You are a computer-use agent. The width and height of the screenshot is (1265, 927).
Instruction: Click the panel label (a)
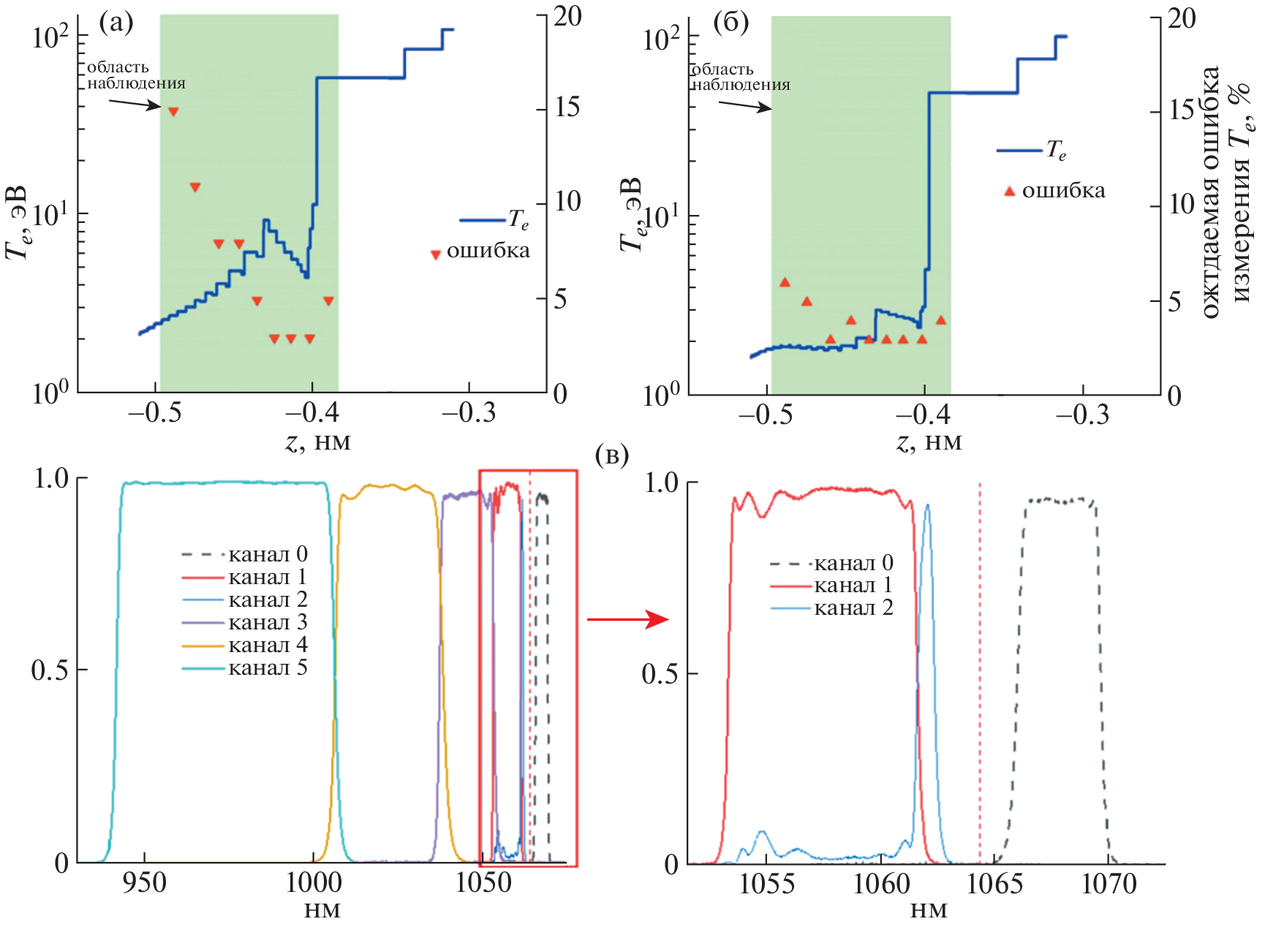[116, 23]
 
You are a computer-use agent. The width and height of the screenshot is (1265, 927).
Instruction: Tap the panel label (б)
[730, 23]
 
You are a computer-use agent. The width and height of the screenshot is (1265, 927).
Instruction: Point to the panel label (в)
[612, 455]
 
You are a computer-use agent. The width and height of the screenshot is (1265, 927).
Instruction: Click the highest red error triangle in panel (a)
[173, 112]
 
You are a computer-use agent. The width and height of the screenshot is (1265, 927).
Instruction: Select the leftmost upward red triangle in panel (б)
[785, 282]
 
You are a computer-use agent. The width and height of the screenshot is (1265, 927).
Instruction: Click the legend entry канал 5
[267, 667]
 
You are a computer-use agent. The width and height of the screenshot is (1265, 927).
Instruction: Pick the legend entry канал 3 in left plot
[267, 622]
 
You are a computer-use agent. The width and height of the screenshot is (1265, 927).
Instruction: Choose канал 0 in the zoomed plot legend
[853, 563]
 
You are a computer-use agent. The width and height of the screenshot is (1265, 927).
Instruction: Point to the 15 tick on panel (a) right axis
[567, 107]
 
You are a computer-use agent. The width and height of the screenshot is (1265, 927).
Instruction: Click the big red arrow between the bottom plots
[628, 620]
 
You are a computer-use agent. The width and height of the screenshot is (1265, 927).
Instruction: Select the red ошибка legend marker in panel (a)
[436, 254]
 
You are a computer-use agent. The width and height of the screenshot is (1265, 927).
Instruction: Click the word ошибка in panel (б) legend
[1063, 191]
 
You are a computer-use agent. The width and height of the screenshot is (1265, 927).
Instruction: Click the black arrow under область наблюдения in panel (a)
[135, 103]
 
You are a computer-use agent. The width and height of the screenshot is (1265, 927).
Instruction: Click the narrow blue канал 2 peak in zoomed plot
[927, 512]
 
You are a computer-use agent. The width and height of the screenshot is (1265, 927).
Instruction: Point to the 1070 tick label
[1109, 885]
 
